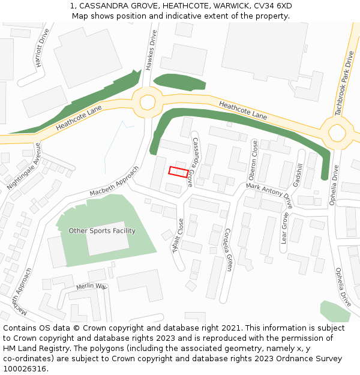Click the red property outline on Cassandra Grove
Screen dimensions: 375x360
[x=178, y=172]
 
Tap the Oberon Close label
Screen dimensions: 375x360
[x=253, y=160]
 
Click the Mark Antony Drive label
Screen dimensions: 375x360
[x=269, y=192]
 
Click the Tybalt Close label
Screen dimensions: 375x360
[x=178, y=236]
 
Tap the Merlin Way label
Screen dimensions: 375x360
[x=91, y=287]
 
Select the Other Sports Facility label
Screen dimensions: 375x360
[x=102, y=231]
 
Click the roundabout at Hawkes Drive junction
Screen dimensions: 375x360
[x=147, y=101]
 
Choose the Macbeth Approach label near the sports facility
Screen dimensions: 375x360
[x=114, y=181]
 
